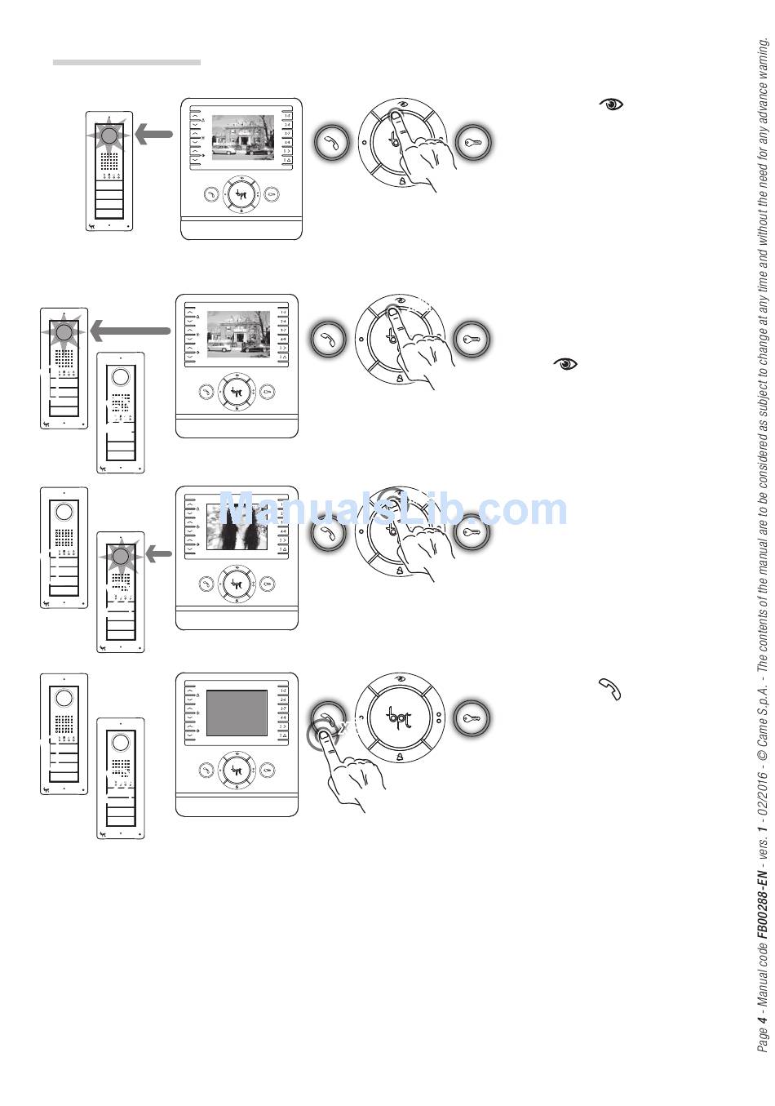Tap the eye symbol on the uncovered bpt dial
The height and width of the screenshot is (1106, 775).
(x=401, y=681)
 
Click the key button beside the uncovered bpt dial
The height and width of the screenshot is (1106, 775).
(x=472, y=719)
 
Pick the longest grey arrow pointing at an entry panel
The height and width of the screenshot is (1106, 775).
(x=130, y=331)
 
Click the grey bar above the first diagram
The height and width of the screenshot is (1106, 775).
(x=126, y=62)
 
